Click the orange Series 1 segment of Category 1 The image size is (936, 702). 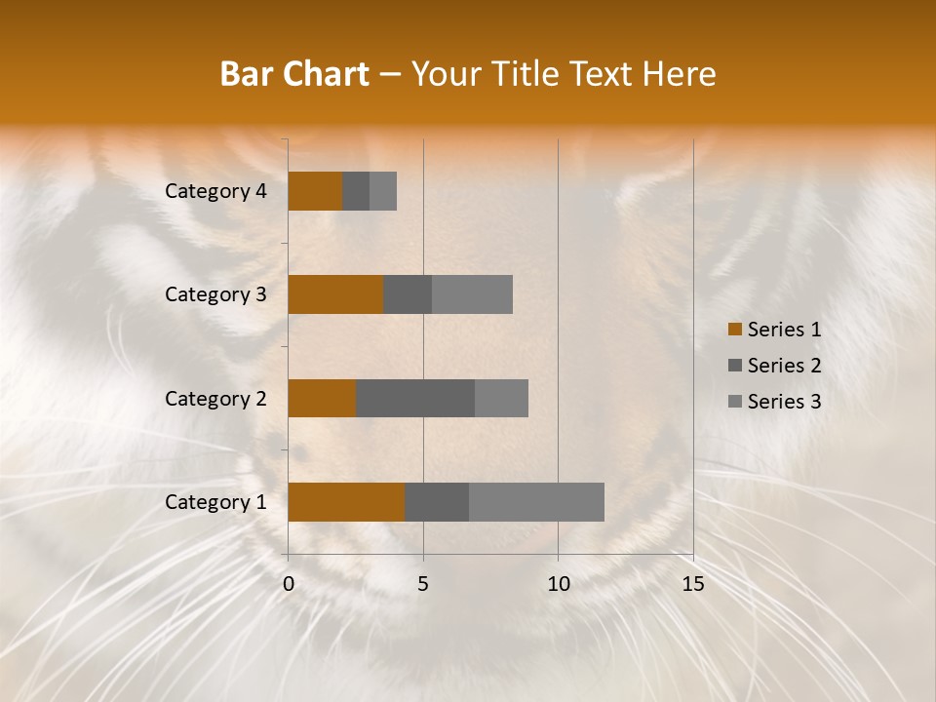[346, 502]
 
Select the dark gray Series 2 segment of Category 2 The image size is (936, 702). [415, 398]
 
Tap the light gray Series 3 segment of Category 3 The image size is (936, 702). [472, 294]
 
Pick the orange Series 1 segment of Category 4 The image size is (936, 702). [315, 191]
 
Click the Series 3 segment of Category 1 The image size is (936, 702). [536, 502]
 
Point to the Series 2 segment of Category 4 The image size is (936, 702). [356, 191]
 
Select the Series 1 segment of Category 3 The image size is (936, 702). [335, 294]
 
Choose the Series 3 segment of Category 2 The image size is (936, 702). [501, 398]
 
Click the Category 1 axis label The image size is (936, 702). [215, 502]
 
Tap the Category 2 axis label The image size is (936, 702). [215, 399]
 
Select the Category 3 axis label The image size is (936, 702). [215, 294]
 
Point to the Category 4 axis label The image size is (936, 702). [215, 191]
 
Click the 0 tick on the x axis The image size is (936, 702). [289, 584]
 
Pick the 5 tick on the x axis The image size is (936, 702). [423, 584]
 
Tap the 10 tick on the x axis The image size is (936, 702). [558, 584]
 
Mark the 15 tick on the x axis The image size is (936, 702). [692, 584]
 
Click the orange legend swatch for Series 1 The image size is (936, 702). [734, 330]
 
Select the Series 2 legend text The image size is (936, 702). [784, 366]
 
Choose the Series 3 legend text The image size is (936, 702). [784, 402]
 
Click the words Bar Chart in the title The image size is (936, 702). [294, 74]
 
